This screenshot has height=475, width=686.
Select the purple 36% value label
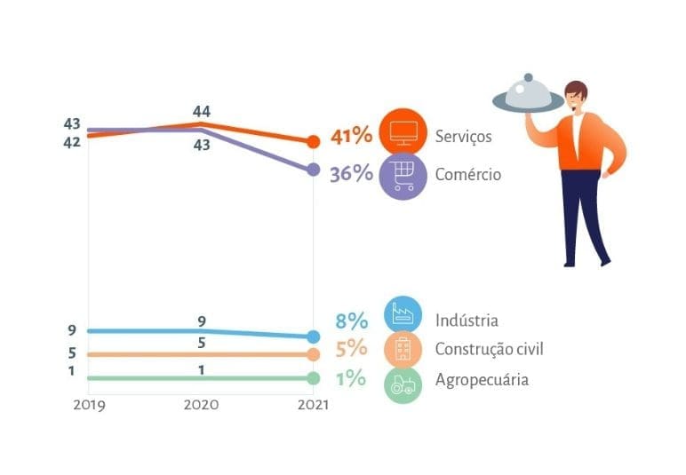pyautogui.click(x=351, y=173)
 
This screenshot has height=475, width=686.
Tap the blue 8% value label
pyautogui.click(x=351, y=321)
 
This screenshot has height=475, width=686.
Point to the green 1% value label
pyautogui.click(x=351, y=378)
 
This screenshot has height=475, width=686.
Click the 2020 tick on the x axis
pyautogui.click(x=202, y=404)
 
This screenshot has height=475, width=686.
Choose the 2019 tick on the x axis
pyautogui.click(x=89, y=404)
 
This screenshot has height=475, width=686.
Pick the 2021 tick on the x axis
pyautogui.click(x=311, y=404)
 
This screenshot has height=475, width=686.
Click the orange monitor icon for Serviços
pyautogui.click(x=403, y=131)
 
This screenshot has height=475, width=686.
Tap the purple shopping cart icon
pyautogui.click(x=403, y=175)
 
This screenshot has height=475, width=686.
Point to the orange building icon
pyautogui.click(x=403, y=349)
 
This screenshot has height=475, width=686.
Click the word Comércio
pyautogui.click(x=468, y=174)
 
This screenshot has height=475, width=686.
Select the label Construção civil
pyautogui.click(x=489, y=349)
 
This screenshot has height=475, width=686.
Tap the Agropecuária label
pyautogui.click(x=482, y=379)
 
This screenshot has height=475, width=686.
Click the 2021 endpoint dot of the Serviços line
pyautogui.click(x=313, y=141)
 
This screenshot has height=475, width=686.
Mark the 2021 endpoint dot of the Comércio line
pyautogui.click(x=313, y=170)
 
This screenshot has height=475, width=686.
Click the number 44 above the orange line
pyautogui.click(x=202, y=111)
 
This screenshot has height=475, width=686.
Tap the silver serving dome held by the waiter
pyautogui.click(x=528, y=96)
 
